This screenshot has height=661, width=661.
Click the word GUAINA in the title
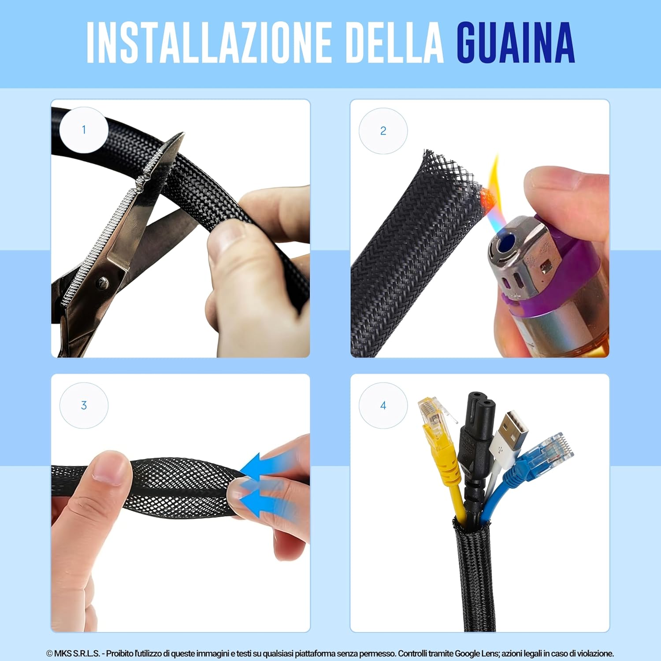[x=515, y=43]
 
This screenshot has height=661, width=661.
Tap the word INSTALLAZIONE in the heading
[x=208, y=43]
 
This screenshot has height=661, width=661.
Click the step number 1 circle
[x=84, y=130]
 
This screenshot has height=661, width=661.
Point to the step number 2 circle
[x=383, y=131]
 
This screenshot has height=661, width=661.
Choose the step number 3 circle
[x=84, y=405]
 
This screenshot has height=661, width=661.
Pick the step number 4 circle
[x=383, y=405]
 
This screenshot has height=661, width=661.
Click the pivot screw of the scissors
[x=103, y=282]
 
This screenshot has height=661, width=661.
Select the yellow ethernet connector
[x=432, y=416]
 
